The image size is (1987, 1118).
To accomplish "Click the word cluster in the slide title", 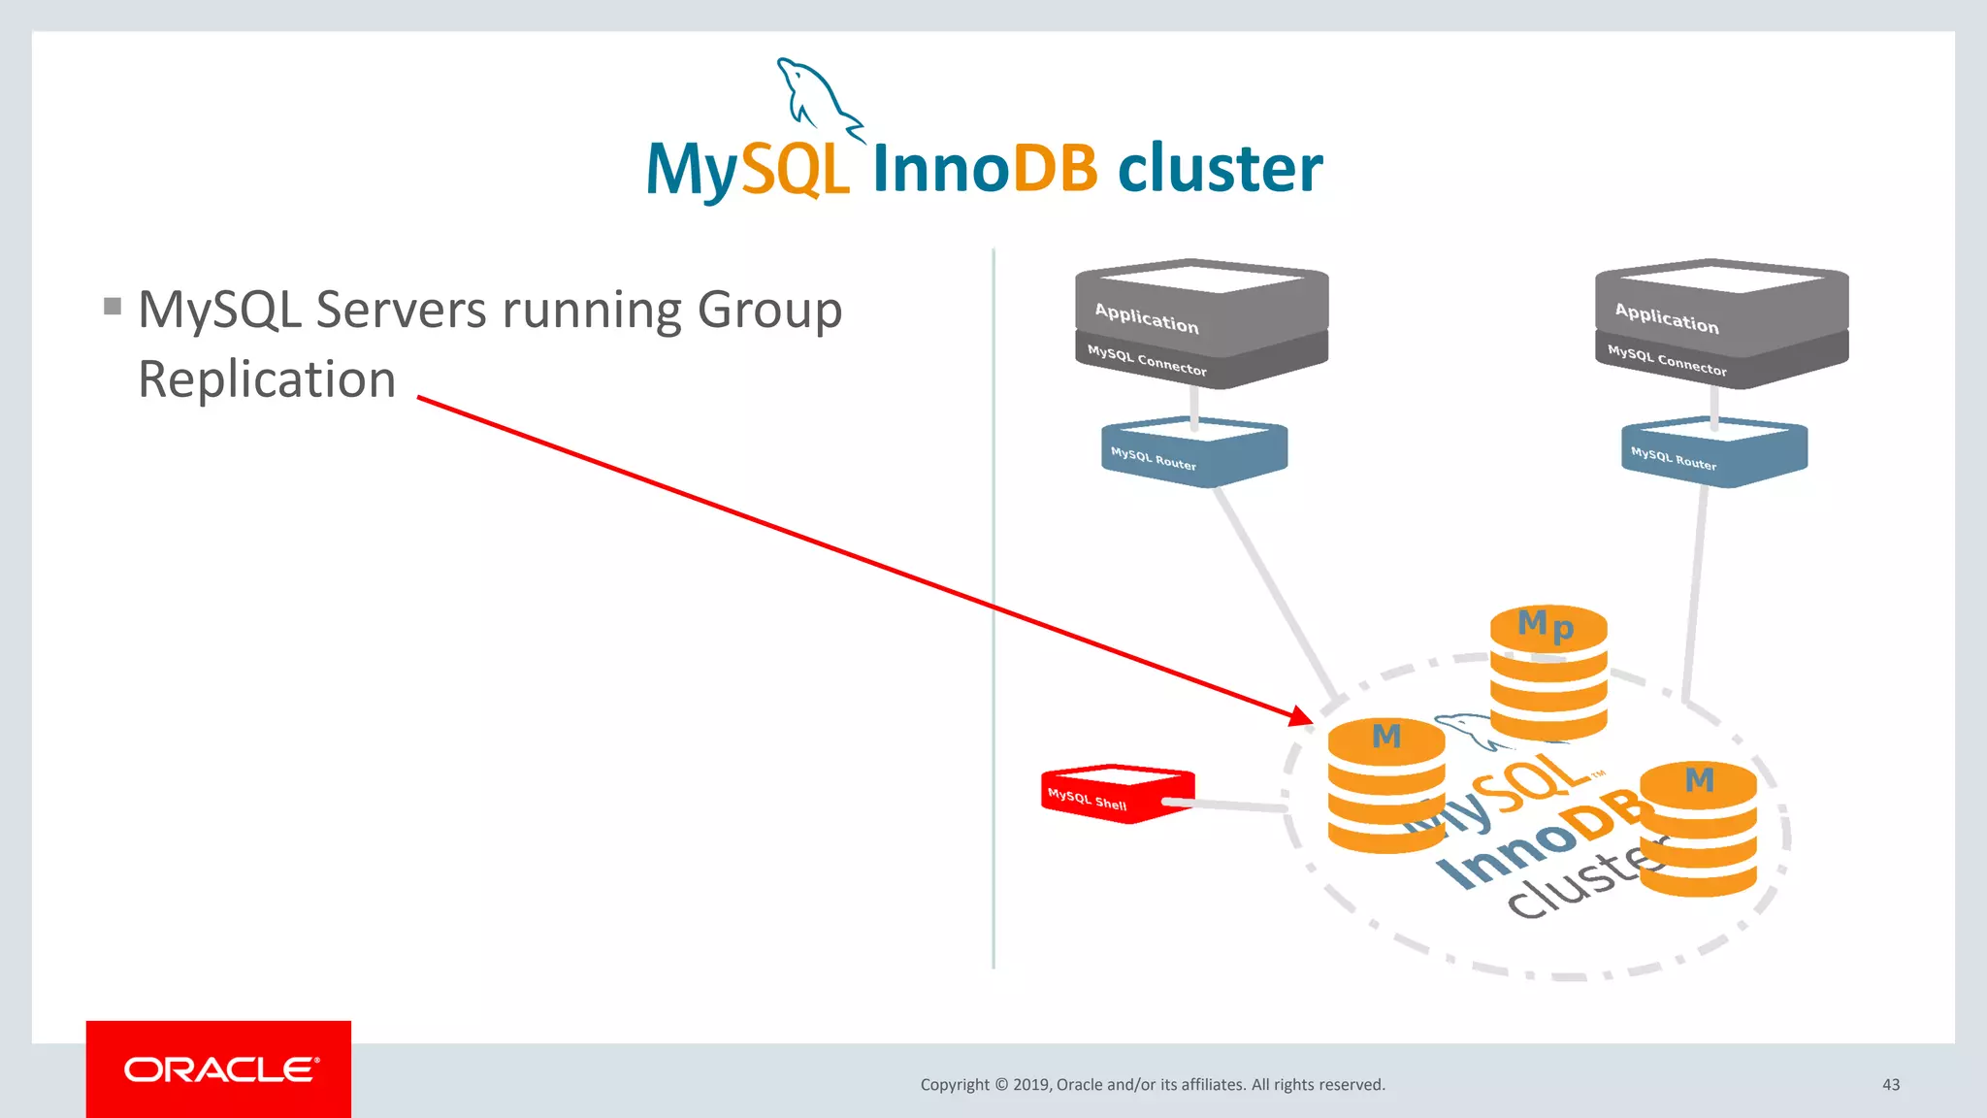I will pos(1220,169).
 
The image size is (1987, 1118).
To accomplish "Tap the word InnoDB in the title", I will pos(985,169).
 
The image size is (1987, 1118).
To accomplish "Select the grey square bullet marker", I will pos(113,308).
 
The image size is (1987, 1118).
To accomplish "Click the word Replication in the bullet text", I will pos(267,379).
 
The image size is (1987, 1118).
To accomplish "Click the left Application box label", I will pos(1147,318).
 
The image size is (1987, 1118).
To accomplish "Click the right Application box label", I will pos(1666,318).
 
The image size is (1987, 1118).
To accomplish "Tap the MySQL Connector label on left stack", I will pos(1147,360).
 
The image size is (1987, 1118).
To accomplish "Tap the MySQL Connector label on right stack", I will pos(1667,360).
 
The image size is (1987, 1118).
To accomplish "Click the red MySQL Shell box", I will pos(1116,794).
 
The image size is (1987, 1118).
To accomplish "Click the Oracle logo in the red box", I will pos(220,1069).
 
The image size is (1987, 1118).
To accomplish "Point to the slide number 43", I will pos(1890,1084).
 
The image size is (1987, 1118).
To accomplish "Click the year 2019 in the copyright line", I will pos(1030,1085).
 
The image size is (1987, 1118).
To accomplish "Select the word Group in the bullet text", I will pos(769,312).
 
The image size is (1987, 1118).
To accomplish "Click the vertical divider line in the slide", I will pos(993,602).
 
